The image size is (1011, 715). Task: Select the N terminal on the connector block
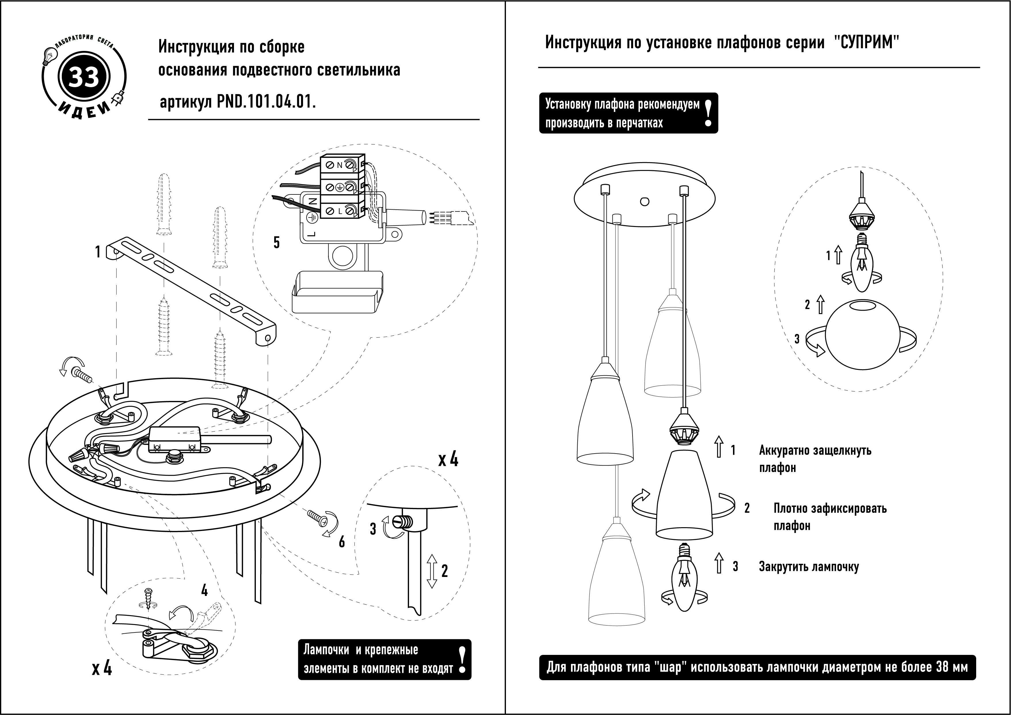(x=340, y=166)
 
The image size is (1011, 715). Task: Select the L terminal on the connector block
(x=340, y=212)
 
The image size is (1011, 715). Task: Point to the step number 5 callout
(x=276, y=242)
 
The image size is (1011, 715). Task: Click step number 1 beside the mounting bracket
(x=98, y=252)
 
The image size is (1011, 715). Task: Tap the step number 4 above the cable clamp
(x=204, y=590)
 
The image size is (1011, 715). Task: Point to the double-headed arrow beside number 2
(x=432, y=571)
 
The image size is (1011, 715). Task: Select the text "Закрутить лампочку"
(x=809, y=567)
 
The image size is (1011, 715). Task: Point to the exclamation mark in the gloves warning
(x=708, y=113)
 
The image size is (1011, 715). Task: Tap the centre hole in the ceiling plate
(x=644, y=202)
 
